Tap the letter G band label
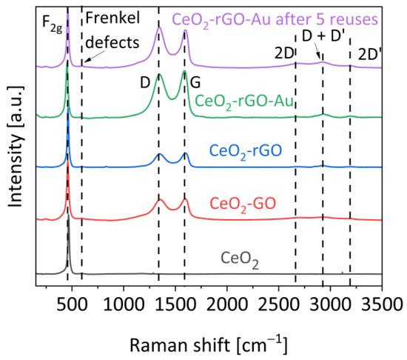[195, 84]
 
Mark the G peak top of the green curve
[184, 72]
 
